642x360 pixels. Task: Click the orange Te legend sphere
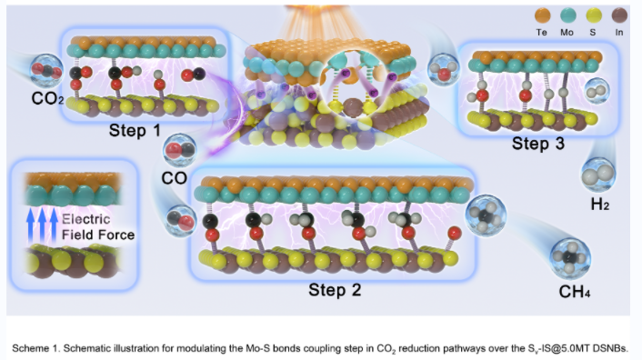pos(543,15)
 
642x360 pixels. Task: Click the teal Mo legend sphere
pos(567,15)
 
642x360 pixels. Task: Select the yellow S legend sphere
pos(593,15)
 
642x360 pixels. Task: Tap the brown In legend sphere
pos(619,15)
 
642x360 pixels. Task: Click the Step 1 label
pos(135,131)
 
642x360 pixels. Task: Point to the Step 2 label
pos(335,290)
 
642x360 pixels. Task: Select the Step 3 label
pos(538,144)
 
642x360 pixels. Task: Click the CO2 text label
pos(47,98)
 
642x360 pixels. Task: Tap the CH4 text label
pos(574,292)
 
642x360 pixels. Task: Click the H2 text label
pos(600,204)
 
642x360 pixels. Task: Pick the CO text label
pos(174,178)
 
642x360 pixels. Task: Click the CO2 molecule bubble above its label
pos(46,71)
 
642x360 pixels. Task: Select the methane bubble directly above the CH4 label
pos(570,258)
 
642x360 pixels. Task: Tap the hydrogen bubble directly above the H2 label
pos(598,175)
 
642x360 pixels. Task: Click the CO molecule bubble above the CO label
pos(180,150)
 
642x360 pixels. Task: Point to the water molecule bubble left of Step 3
pos(444,69)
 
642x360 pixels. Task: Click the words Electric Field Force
pos(98,227)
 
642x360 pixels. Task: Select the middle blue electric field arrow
pos(42,225)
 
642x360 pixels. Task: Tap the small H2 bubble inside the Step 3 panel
pos(597,91)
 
